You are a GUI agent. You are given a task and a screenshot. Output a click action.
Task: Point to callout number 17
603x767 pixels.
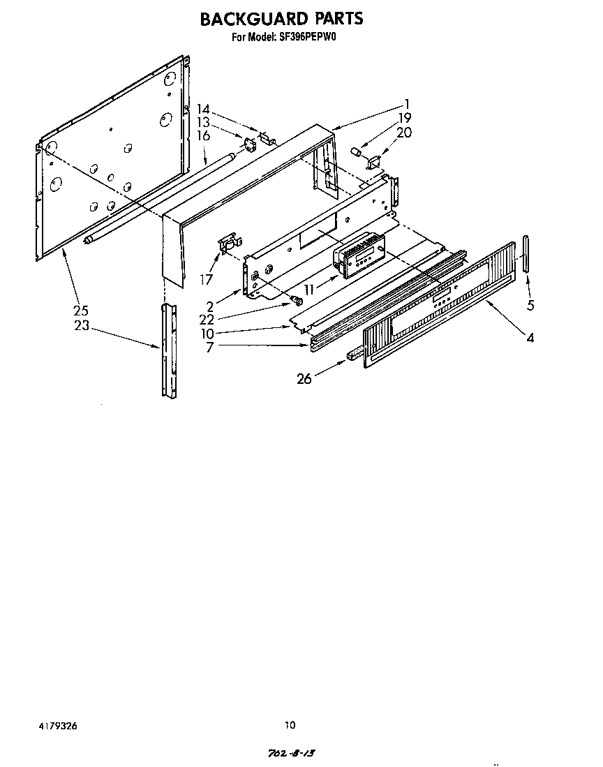pyautogui.click(x=206, y=279)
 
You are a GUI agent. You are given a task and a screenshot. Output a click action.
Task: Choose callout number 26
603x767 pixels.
pyautogui.click(x=304, y=379)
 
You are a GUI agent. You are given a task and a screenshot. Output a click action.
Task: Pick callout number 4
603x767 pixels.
pyautogui.click(x=530, y=338)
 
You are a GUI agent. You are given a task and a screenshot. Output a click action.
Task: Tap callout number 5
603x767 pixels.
pyautogui.click(x=530, y=305)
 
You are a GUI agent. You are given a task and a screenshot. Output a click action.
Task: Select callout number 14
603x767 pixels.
pyautogui.click(x=203, y=108)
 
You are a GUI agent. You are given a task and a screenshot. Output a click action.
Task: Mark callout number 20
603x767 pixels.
pyautogui.click(x=404, y=133)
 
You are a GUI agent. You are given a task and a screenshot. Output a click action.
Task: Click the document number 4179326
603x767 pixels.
pyautogui.click(x=58, y=726)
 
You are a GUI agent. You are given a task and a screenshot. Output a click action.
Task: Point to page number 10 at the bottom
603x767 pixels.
pyautogui.click(x=291, y=724)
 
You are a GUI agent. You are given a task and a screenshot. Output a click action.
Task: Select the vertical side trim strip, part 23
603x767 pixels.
pyautogui.click(x=167, y=349)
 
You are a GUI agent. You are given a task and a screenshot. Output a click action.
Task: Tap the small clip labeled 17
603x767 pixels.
pyautogui.click(x=227, y=244)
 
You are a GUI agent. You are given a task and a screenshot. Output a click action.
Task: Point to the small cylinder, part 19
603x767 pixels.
pyautogui.click(x=355, y=151)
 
